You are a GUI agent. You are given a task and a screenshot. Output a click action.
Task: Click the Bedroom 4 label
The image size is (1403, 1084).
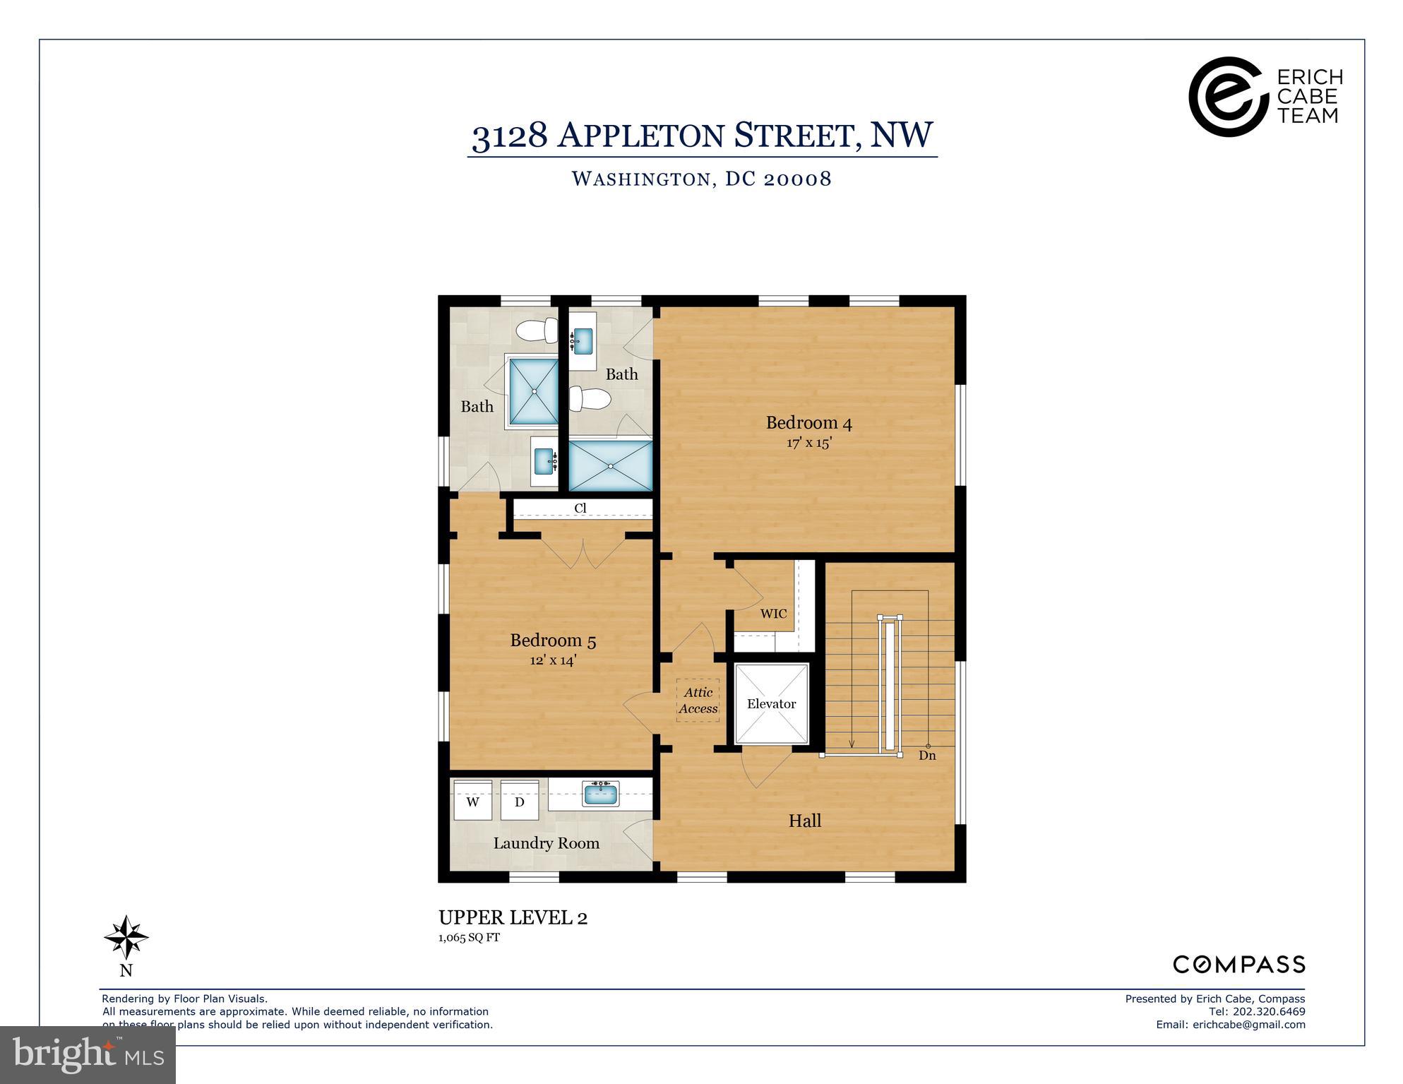pyautogui.click(x=808, y=423)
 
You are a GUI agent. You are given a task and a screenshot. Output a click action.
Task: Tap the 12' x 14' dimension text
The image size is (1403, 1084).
pyautogui.click(x=553, y=660)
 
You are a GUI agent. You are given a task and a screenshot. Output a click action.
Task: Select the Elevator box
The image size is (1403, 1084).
pyautogui.click(x=771, y=704)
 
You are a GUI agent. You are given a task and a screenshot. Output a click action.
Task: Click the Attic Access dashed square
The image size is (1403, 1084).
pyautogui.click(x=698, y=701)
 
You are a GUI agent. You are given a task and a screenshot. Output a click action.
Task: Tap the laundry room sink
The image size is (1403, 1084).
pyautogui.click(x=600, y=794)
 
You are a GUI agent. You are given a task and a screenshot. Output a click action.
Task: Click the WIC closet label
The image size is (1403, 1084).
pyautogui.click(x=773, y=614)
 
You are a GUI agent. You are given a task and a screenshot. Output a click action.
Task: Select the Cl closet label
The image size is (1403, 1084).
pyautogui.click(x=580, y=508)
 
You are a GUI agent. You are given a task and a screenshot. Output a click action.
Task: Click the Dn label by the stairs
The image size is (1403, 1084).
pyautogui.click(x=927, y=755)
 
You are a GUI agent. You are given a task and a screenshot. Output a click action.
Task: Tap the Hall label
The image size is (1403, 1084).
pyautogui.click(x=804, y=821)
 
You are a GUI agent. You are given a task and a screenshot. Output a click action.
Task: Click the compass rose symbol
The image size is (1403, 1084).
pyautogui.click(x=126, y=938)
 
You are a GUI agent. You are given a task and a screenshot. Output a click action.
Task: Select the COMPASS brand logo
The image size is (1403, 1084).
pyautogui.click(x=1238, y=964)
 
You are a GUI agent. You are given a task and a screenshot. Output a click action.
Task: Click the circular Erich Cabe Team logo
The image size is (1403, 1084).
pyautogui.click(x=1225, y=96)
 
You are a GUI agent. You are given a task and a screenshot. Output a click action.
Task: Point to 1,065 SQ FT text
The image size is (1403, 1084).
pyautogui.click(x=469, y=938)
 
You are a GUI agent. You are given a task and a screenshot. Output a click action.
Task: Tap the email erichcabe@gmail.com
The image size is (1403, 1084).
pyautogui.click(x=1248, y=1024)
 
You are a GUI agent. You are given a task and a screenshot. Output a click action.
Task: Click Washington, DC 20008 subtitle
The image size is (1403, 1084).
pyautogui.click(x=701, y=179)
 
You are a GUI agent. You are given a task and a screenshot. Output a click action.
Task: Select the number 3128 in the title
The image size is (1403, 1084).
pyautogui.click(x=509, y=135)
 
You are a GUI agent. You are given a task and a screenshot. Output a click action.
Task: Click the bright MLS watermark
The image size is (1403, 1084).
pyautogui.click(x=88, y=1055)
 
